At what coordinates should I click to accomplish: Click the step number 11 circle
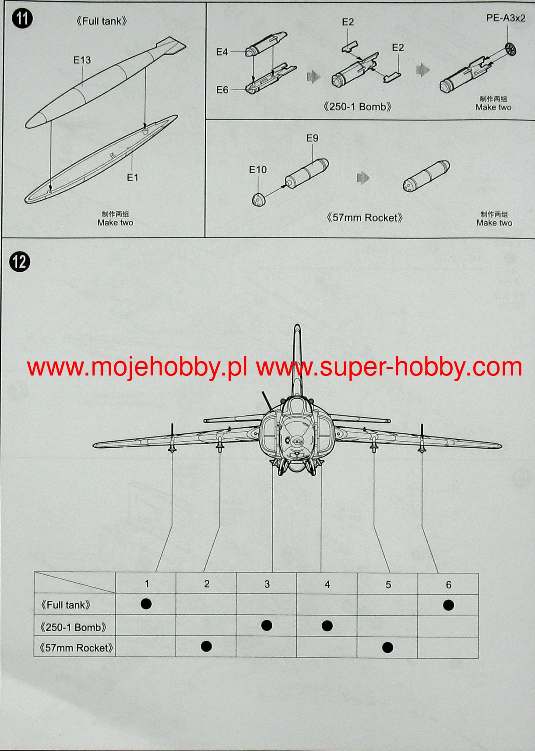[x=22, y=19]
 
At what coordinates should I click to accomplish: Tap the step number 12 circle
[x=20, y=262]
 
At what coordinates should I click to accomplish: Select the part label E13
[x=82, y=60]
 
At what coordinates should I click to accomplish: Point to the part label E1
[x=133, y=177]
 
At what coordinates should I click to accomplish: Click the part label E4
[x=222, y=52]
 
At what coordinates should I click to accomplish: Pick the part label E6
[x=222, y=90]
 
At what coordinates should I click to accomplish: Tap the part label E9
[x=312, y=138]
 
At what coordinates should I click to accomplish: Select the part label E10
[x=258, y=170]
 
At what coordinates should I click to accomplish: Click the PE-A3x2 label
[x=506, y=18]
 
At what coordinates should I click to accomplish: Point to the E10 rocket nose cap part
[x=259, y=200]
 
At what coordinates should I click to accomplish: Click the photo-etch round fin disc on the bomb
[x=510, y=49]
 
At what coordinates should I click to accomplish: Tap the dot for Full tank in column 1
[x=146, y=604]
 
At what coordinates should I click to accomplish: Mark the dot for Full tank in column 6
[x=448, y=605]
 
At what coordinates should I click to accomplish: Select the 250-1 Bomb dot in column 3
[x=267, y=625]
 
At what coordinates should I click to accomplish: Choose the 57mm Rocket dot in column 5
[x=387, y=647]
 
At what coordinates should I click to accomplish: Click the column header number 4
[x=327, y=584]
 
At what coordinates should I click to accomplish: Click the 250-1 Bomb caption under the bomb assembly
[x=357, y=107]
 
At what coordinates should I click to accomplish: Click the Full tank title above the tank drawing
[x=102, y=21]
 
